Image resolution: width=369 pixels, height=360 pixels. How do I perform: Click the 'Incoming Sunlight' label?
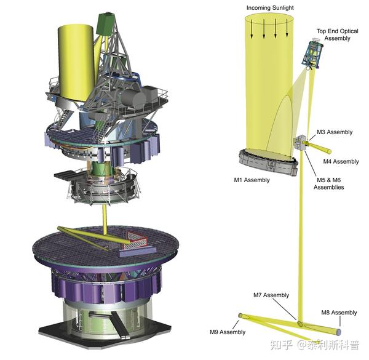click(270, 8)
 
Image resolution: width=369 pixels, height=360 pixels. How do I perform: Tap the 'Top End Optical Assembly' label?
click(337, 34)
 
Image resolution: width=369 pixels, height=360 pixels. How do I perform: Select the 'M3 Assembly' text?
click(335, 132)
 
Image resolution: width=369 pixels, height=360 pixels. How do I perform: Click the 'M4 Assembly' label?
click(341, 161)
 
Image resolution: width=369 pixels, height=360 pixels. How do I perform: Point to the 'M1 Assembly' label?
click(252, 180)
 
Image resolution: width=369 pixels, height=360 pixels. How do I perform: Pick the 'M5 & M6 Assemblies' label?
click(329, 183)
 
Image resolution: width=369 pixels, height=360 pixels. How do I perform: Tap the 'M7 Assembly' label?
click(271, 295)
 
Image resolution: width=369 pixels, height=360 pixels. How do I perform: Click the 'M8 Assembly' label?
click(339, 313)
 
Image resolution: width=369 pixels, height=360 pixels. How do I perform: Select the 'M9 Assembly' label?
click(228, 332)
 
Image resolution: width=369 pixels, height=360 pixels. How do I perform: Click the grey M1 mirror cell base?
click(268, 162)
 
